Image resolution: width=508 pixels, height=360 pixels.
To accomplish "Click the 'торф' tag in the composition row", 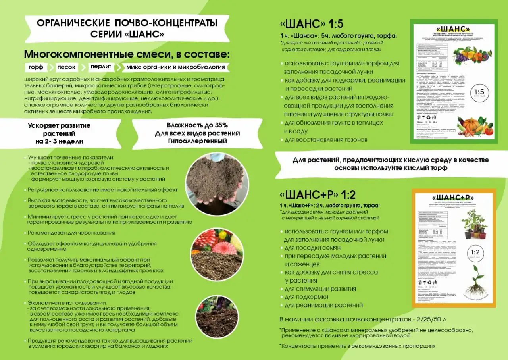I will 36,67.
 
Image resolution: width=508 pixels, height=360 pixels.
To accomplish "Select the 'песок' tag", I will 65,67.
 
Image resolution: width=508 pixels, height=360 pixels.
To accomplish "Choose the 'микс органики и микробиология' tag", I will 175,67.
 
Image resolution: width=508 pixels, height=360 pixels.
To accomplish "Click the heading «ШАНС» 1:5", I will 312,24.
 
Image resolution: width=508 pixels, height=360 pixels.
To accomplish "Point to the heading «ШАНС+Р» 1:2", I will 317,195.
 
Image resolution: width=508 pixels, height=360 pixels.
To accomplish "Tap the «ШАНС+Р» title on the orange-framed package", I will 453,198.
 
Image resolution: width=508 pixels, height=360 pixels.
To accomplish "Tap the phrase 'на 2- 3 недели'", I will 59,141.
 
